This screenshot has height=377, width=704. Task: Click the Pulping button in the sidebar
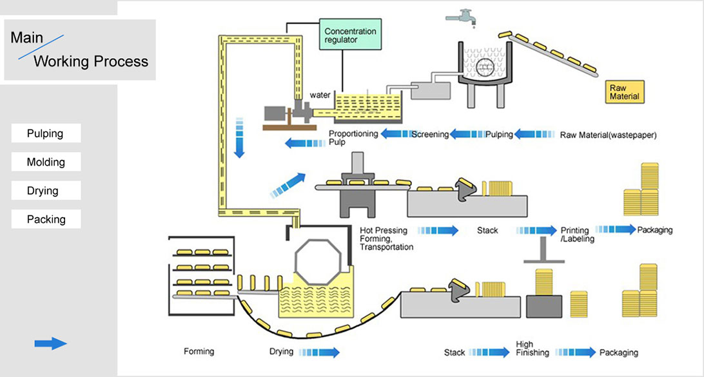[46, 133]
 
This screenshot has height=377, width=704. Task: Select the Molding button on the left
[46, 162]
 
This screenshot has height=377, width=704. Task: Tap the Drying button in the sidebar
[46, 191]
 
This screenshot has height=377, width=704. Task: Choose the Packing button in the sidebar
[46, 219]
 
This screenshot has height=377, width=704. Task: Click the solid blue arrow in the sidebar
[50, 343]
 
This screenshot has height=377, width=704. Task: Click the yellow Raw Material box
[625, 92]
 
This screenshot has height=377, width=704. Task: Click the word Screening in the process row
[430, 135]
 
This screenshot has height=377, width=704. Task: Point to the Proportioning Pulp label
[353, 138]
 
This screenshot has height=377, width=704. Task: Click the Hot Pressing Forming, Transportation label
[386, 238]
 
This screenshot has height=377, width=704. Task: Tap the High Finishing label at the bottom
[533, 348]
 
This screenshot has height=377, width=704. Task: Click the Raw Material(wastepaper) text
[608, 135]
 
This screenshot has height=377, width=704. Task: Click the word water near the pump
[320, 95]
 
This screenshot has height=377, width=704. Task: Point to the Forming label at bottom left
[199, 352]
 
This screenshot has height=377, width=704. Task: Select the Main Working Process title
[79, 50]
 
